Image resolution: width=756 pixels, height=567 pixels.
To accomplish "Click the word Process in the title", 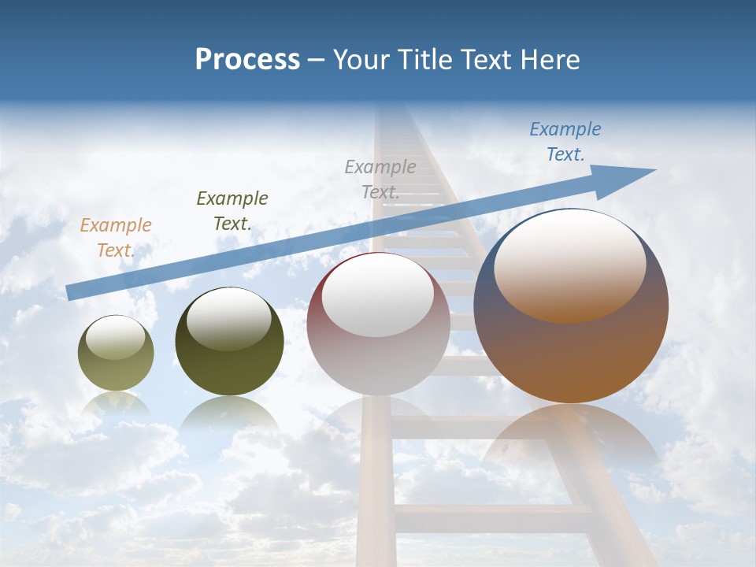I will coord(247,60).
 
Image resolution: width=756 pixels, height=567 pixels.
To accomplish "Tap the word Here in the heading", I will coord(550,60).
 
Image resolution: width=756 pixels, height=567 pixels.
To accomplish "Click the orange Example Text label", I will coord(116,238).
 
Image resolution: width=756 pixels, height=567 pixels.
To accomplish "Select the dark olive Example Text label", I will coord(232,211).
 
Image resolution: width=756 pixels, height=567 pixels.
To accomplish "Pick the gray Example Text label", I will coord(380,179).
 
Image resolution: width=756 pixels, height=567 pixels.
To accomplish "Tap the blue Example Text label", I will coord(565,142).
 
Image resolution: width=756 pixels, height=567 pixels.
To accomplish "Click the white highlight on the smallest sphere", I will coord(116,338).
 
